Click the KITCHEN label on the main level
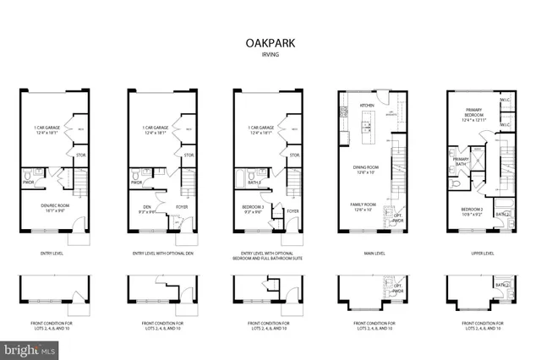tap(367, 106)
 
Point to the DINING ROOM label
tap(367, 168)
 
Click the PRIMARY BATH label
tap(461, 161)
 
